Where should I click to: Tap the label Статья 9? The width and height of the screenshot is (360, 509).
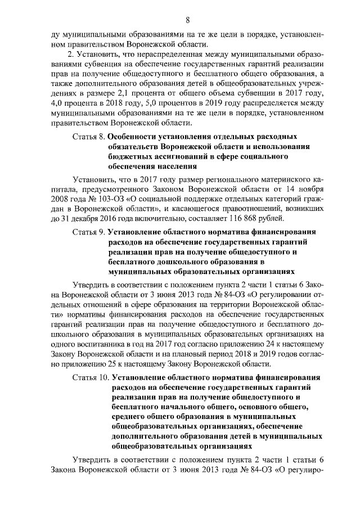pos(89,231)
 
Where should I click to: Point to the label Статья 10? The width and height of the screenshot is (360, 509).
pos(91,377)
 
